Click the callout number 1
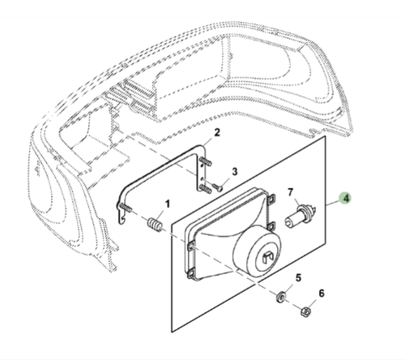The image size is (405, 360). tap(168, 204)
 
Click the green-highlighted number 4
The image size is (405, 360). tap(344, 198)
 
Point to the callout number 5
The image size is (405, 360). tap(297, 278)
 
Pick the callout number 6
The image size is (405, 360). tap(321, 293)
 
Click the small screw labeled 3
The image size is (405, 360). tap(218, 186)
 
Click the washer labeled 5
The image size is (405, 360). tap(282, 295)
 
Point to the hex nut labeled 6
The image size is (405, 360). tap(305, 311)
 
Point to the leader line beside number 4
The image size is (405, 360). tap(330, 199)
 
